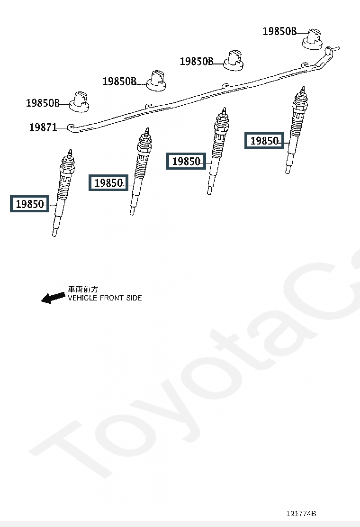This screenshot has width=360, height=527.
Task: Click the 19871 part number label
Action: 43,127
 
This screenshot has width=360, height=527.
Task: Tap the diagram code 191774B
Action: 301,514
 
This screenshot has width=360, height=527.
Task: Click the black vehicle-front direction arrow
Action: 53,298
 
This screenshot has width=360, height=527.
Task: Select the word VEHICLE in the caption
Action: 82,298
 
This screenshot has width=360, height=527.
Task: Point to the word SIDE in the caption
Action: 133,298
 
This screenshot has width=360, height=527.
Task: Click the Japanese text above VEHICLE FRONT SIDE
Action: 83,289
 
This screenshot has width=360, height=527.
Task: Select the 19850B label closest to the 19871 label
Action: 43,103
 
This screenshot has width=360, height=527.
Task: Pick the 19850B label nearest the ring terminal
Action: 279,32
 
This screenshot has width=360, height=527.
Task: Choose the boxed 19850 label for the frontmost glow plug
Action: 29,204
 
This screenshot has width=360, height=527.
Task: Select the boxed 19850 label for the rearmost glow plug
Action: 264,141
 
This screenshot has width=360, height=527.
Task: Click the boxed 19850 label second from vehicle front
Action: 108,182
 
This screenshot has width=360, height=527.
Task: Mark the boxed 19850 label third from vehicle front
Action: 186,162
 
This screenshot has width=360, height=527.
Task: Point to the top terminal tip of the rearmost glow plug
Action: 302,90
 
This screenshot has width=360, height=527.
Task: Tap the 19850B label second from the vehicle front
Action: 119,82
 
